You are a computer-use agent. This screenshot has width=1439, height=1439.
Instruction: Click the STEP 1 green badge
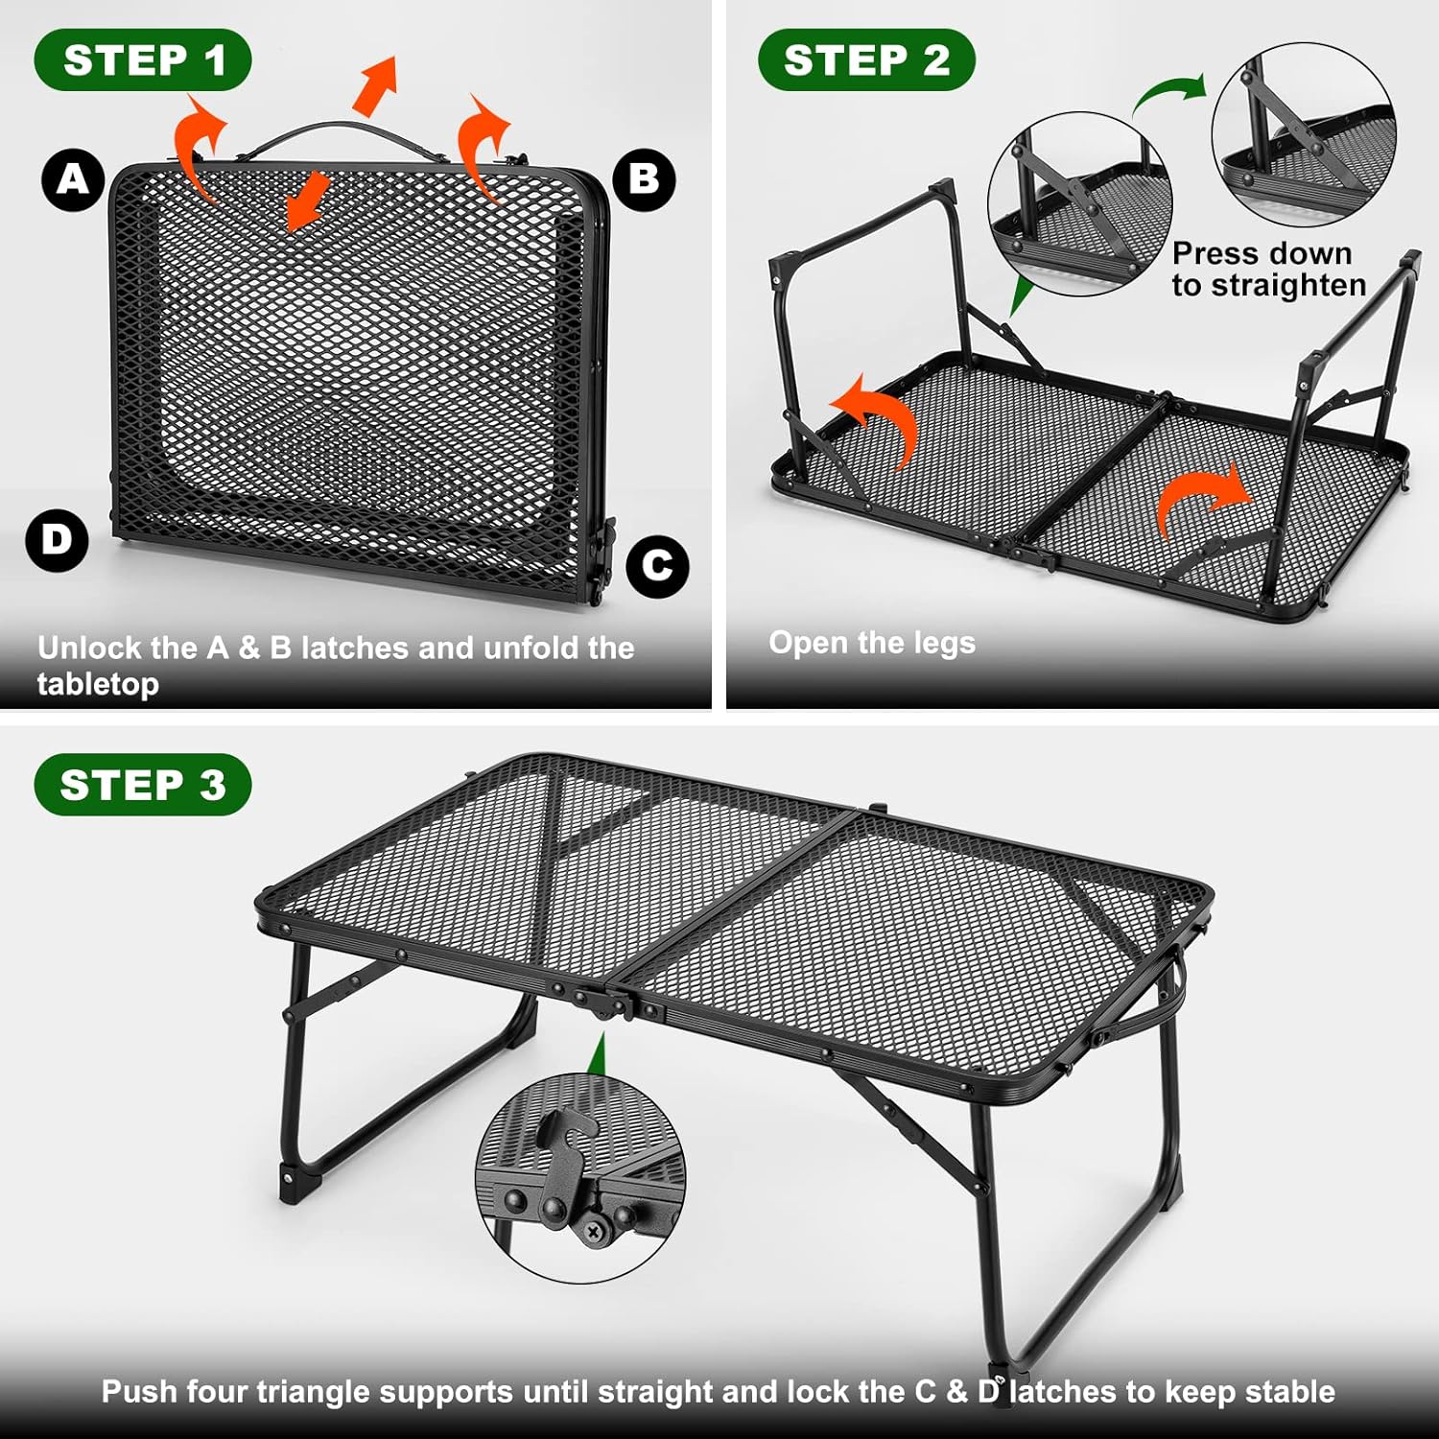click(x=143, y=60)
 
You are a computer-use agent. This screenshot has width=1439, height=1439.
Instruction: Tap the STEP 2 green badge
click(x=866, y=60)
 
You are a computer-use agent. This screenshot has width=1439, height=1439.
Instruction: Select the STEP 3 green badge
click(x=143, y=785)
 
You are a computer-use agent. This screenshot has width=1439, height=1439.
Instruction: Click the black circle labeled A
click(x=73, y=179)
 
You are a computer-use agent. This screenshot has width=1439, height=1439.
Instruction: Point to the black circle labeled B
click(x=645, y=179)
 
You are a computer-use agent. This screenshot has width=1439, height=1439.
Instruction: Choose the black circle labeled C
click(x=657, y=566)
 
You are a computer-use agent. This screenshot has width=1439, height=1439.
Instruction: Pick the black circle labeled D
click(x=58, y=540)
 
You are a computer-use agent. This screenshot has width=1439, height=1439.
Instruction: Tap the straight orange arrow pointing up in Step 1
click(x=376, y=84)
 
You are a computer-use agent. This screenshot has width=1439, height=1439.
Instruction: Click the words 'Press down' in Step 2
click(x=1262, y=253)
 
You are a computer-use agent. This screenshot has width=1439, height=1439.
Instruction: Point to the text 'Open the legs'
click(x=872, y=643)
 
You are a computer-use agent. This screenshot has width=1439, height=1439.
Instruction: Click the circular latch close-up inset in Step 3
click(x=580, y=1178)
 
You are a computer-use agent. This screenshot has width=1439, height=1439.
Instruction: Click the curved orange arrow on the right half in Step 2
click(x=1201, y=497)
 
